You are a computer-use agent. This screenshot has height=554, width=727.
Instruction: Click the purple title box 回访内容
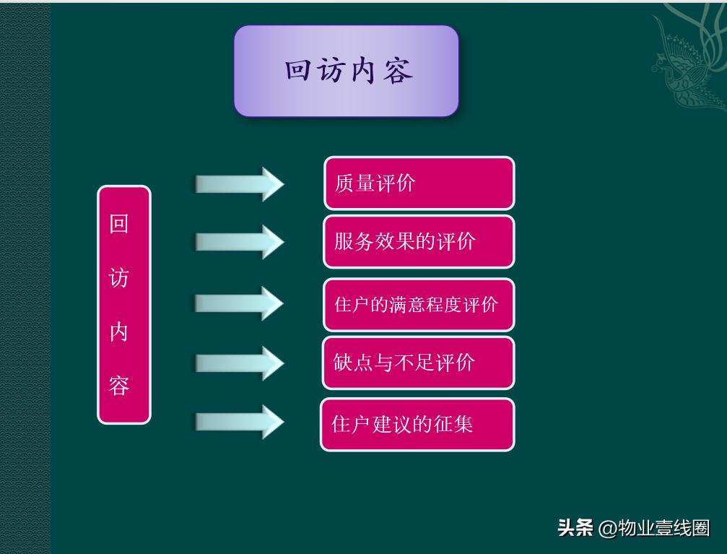(x=346, y=71)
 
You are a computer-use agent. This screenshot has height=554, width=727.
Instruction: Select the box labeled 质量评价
(x=419, y=183)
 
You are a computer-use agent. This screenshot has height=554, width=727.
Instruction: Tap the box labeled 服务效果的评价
(x=419, y=241)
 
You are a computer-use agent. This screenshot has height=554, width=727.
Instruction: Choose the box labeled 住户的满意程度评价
(x=419, y=304)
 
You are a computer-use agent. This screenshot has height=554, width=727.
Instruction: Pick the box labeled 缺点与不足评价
(x=419, y=362)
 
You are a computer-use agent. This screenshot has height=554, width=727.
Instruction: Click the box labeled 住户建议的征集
(x=417, y=424)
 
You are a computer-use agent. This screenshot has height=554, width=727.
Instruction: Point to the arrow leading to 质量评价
(x=240, y=183)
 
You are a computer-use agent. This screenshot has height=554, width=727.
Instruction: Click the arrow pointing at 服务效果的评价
(x=240, y=241)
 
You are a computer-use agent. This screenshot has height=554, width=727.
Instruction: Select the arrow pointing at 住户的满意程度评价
(x=240, y=303)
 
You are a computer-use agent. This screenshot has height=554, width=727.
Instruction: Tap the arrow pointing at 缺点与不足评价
(x=240, y=363)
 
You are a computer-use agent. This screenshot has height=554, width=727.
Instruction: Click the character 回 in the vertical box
(x=119, y=224)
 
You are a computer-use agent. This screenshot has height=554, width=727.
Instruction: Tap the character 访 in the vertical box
(x=119, y=277)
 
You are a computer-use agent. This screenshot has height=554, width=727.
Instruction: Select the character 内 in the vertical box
(x=119, y=332)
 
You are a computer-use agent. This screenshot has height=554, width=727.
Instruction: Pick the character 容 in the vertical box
(x=119, y=385)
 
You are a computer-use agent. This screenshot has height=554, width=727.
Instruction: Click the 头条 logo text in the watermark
(x=575, y=528)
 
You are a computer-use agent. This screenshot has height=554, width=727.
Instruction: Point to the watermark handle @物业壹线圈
(x=654, y=528)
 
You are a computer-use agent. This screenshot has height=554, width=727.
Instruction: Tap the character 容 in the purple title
(x=398, y=72)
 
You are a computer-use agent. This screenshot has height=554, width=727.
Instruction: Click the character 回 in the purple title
(x=297, y=72)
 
